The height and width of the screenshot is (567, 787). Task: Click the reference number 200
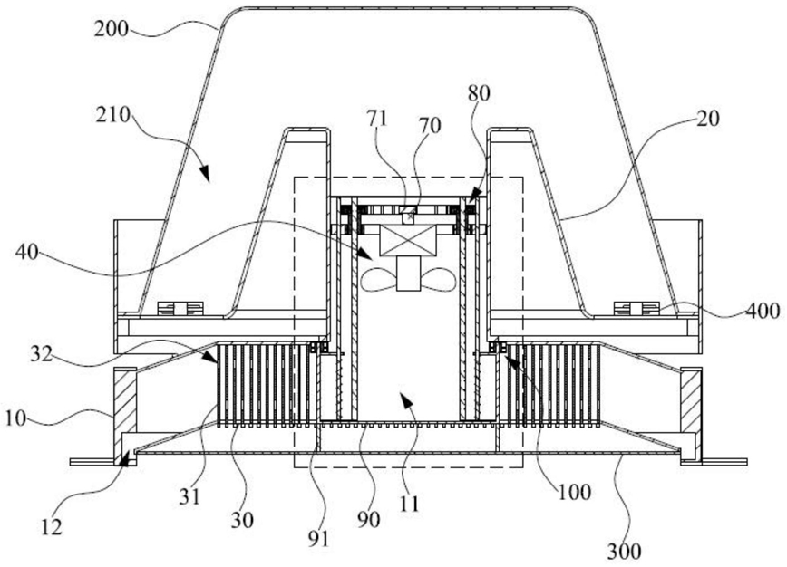pyautogui.click(x=112, y=30)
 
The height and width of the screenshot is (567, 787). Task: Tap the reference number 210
pyautogui.click(x=113, y=116)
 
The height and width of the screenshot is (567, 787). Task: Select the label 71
pyautogui.click(x=377, y=119)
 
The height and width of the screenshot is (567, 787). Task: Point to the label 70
pyautogui.click(x=430, y=125)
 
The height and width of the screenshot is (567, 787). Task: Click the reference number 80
pyautogui.click(x=479, y=93)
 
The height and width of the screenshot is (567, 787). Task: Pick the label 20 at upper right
pyautogui.click(x=708, y=119)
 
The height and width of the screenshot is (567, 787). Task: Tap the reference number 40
pyautogui.click(x=27, y=252)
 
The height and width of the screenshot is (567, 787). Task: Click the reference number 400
pyautogui.click(x=763, y=311)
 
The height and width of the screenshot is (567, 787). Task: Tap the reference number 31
pyautogui.click(x=190, y=496)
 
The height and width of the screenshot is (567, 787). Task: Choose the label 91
pyautogui.click(x=318, y=538)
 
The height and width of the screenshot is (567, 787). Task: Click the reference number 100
pyautogui.click(x=574, y=493)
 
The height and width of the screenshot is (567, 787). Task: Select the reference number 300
pyautogui.click(x=625, y=552)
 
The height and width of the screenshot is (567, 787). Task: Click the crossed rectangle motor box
pyautogui.click(x=408, y=241)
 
